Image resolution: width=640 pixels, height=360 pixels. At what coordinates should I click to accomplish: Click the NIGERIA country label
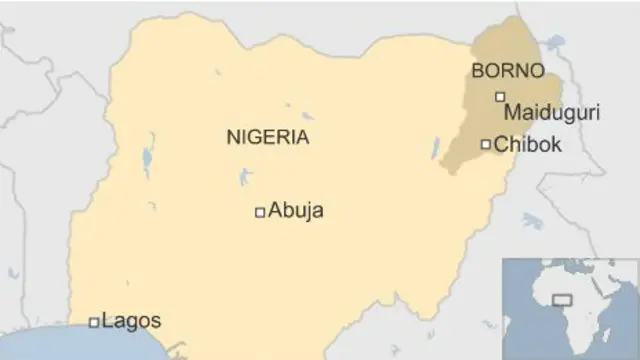click(x=268, y=138)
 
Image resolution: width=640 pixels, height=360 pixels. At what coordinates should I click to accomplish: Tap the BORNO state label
click(x=508, y=71)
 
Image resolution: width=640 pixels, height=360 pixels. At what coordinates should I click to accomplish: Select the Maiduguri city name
click(x=552, y=113)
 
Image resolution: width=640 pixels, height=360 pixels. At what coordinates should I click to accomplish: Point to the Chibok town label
click(x=528, y=145)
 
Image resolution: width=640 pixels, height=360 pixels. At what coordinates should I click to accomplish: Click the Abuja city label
click(x=296, y=211)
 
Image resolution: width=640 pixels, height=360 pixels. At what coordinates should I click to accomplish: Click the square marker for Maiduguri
click(x=500, y=97)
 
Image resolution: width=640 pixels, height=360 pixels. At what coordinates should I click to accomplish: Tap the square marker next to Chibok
click(x=486, y=145)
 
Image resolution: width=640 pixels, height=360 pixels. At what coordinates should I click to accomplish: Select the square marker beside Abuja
click(x=260, y=211)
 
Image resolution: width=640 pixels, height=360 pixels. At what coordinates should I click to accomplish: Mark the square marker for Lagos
click(x=94, y=322)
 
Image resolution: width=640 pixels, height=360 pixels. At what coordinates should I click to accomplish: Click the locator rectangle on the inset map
click(x=562, y=299)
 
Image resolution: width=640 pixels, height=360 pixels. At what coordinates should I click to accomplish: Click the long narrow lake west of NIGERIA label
click(x=148, y=160)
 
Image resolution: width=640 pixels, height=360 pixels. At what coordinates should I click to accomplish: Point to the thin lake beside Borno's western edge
click(x=436, y=148)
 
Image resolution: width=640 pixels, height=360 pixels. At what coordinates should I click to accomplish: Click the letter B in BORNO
click(x=477, y=71)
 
